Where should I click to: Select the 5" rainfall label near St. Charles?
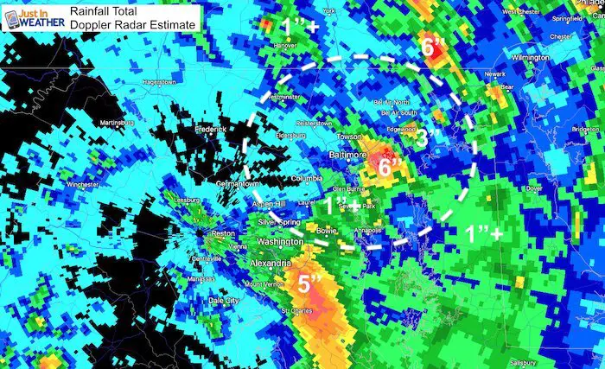coord(309,283)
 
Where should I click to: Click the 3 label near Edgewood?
coord(422,137)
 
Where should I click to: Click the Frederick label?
coord(209,130)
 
